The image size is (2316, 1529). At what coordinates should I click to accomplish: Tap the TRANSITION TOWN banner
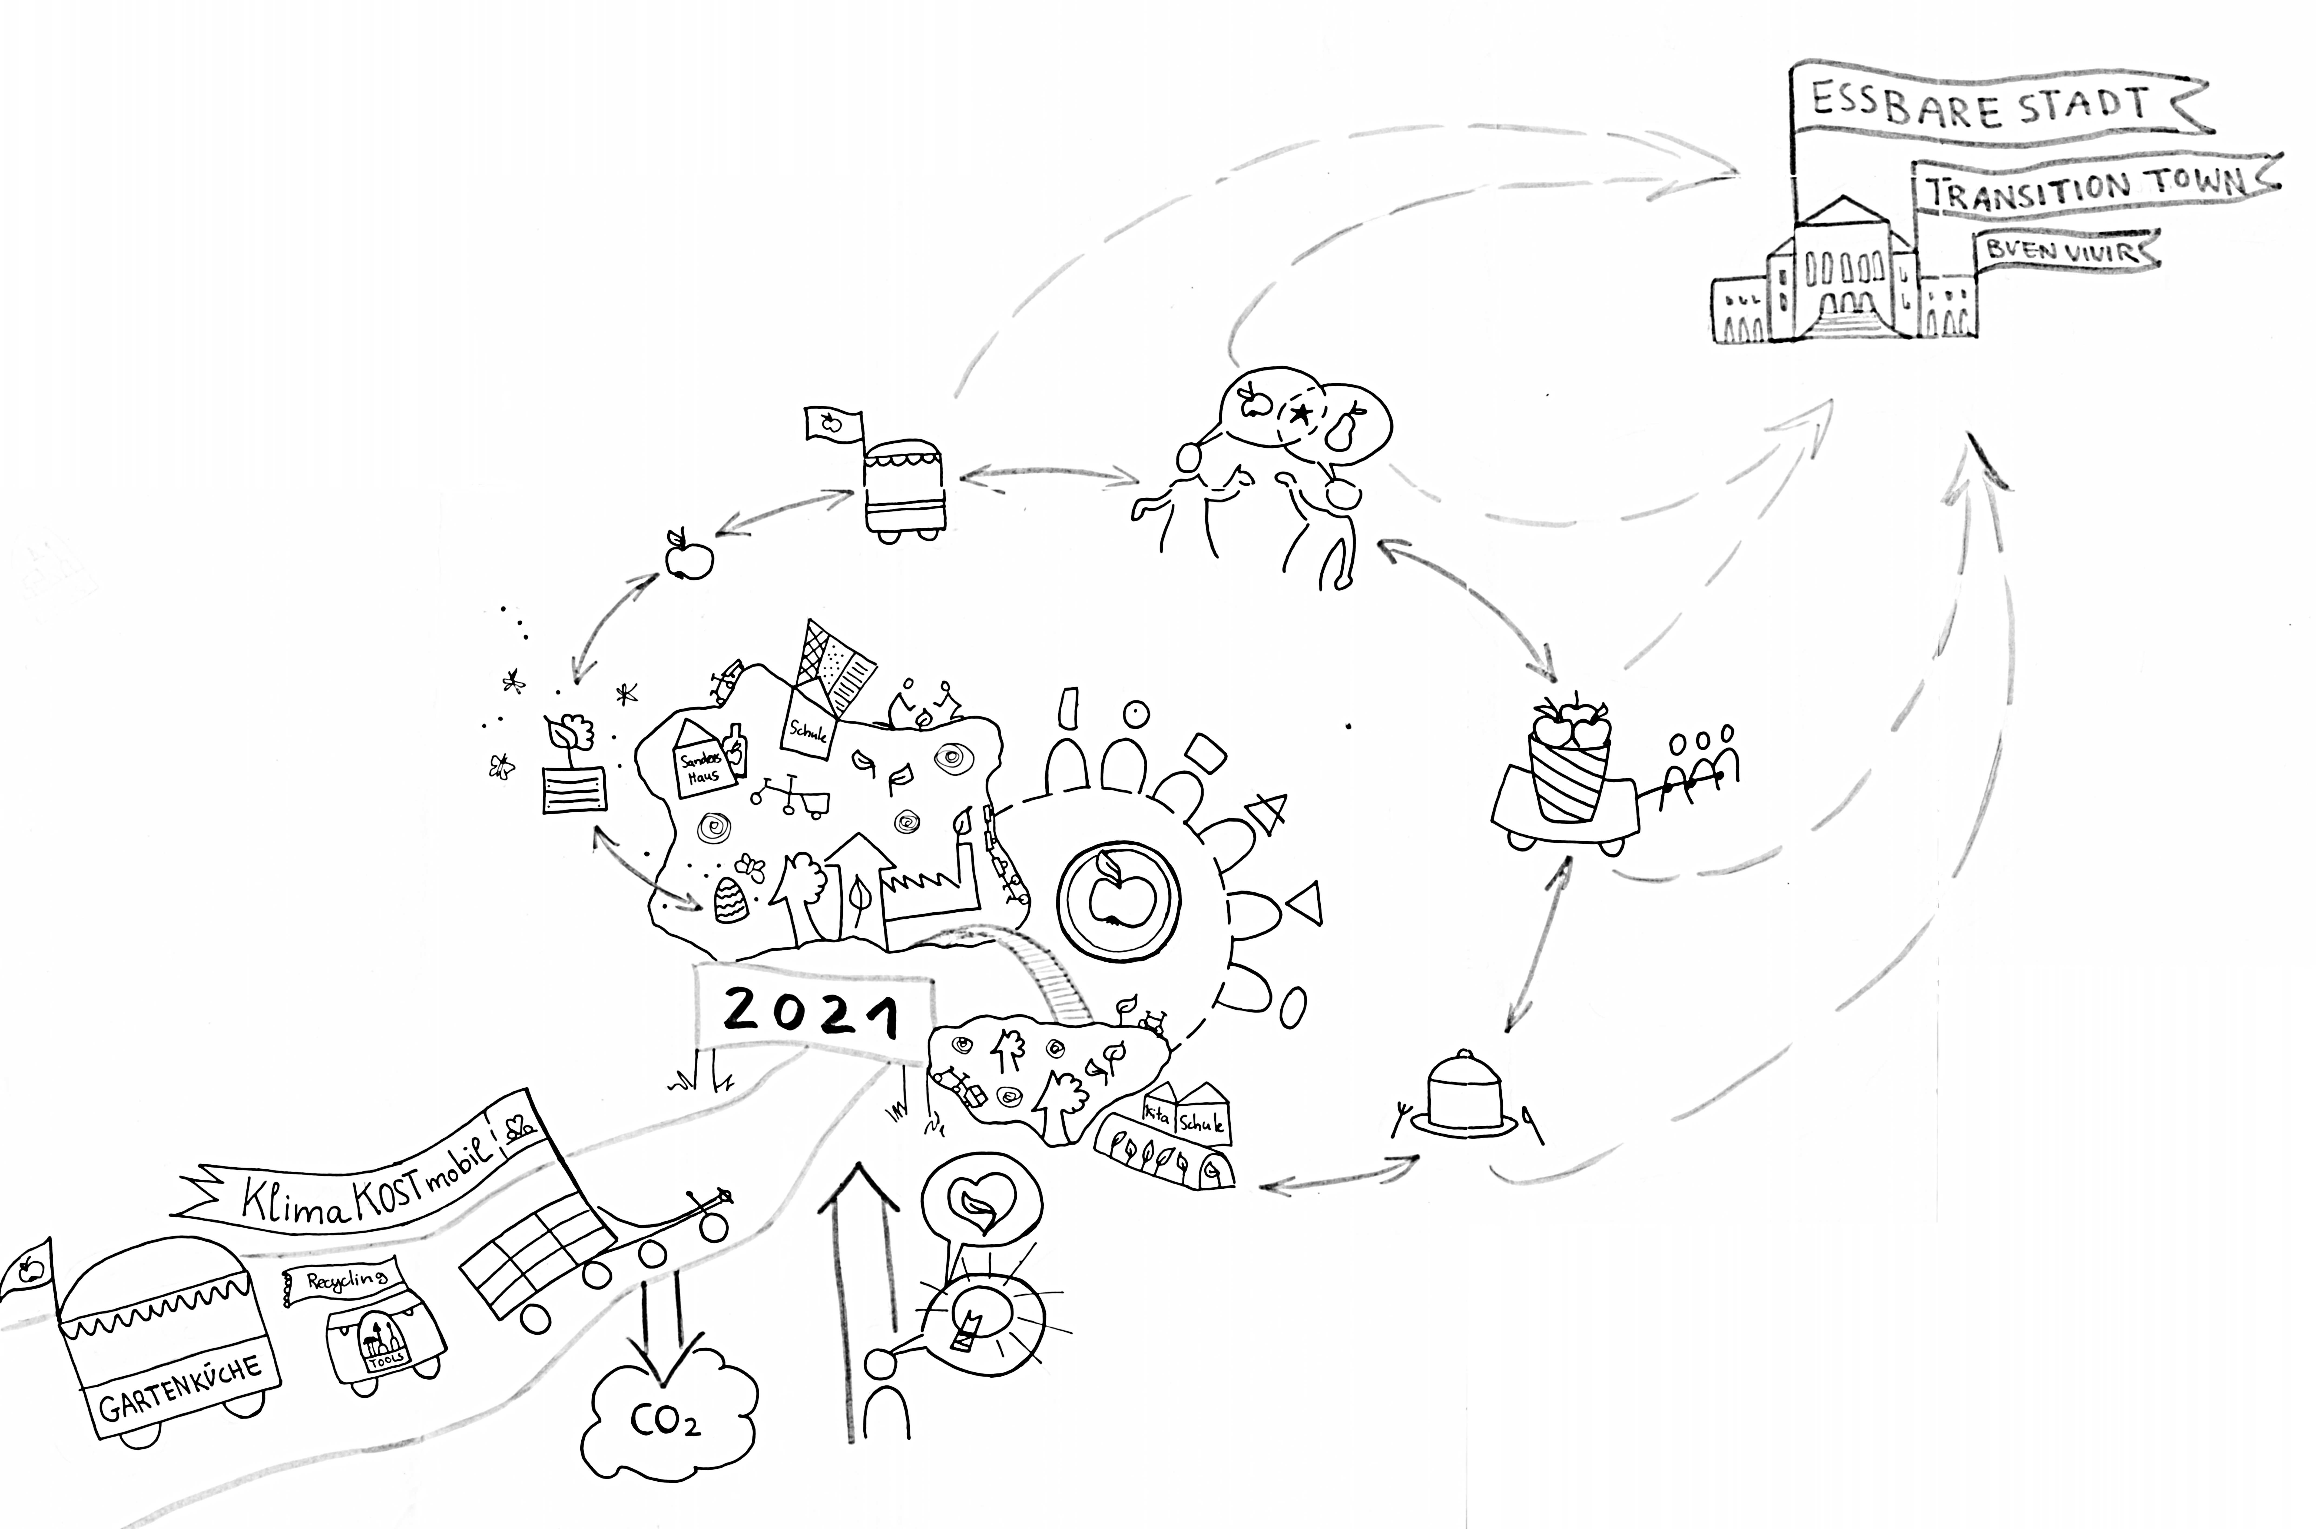2087,187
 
